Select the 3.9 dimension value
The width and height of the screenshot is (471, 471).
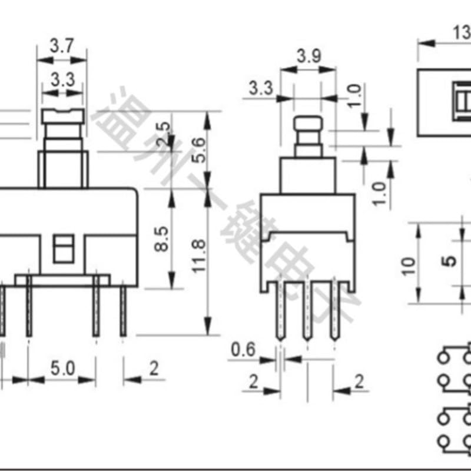point(308,57)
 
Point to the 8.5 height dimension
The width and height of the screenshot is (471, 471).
point(161,240)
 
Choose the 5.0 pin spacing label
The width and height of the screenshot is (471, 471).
point(62,369)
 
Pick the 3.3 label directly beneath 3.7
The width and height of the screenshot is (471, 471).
point(62,79)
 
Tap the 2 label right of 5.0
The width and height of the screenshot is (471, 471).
point(154,369)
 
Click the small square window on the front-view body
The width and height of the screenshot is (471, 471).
point(63,248)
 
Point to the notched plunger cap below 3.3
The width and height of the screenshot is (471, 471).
point(63,116)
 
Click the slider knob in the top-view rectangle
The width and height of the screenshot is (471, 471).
point(462,104)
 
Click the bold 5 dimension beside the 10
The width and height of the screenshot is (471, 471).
point(450,260)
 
